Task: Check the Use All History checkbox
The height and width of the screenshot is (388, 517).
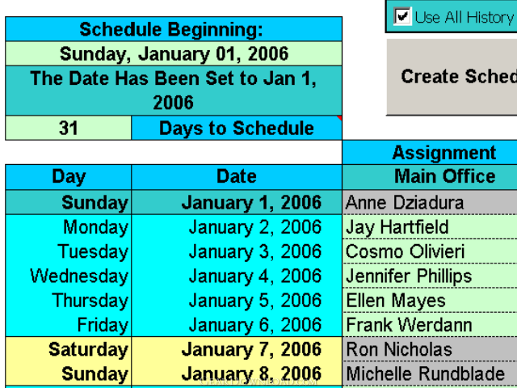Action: pyautogui.click(x=402, y=16)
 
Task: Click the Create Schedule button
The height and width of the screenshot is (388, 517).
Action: pyautogui.click(x=452, y=78)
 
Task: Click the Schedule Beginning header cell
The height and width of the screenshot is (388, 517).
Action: pyautogui.click(x=174, y=29)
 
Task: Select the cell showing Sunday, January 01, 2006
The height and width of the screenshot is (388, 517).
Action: pyautogui.click(x=174, y=53)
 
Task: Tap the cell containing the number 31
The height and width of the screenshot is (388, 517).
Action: pyautogui.click(x=68, y=128)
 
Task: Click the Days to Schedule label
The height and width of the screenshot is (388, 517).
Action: pyautogui.click(x=237, y=128)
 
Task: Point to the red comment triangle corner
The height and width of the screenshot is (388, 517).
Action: pyautogui.click(x=339, y=118)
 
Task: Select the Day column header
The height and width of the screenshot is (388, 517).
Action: pyautogui.click(x=68, y=177)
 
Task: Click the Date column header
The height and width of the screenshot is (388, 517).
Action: pyautogui.click(x=237, y=177)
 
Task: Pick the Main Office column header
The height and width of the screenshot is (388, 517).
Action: pyautogui.click(x=430, y=177)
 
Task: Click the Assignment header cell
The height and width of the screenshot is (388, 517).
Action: pyautogui.click(x=430, y=153)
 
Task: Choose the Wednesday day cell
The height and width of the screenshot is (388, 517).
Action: pyautogui.click(x=68, y=276)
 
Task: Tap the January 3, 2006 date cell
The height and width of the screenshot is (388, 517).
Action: pyautogui.click(x=237, y=251)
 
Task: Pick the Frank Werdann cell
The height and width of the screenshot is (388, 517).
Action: pyautogui.click(x=430, y=325)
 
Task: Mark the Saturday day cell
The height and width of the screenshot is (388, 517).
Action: pyautogui.click(x=68, y=349)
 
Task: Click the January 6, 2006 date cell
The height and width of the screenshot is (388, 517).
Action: pyautogui.click(x=237, y=325)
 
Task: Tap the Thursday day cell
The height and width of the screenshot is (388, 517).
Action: pyautogui.click(x=68, y=300)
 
